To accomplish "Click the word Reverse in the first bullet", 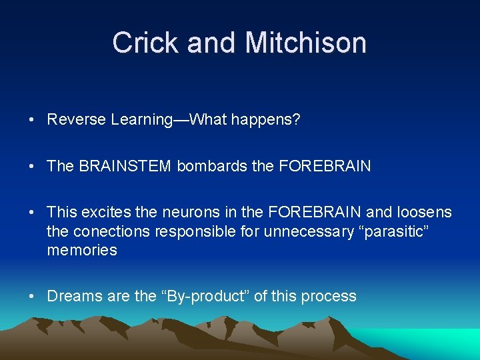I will pos(77,120).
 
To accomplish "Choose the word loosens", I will pos(424,213).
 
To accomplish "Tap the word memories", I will pos(81,251).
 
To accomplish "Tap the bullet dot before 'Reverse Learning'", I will pos(31,121).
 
